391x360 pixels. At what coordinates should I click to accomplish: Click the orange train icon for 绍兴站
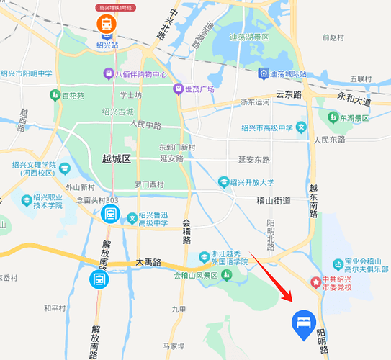tap(107, 24)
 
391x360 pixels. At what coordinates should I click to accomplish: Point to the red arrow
tap(271, 276)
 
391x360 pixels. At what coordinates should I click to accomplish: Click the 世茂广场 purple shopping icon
tap(178, 89)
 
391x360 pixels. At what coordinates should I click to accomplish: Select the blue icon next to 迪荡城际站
tap(264, 74)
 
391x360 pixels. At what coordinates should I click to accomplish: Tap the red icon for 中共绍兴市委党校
tap(314, 282)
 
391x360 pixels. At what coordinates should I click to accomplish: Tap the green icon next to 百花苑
tap(54, 95)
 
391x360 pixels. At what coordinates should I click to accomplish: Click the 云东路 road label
tap(290, 94)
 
